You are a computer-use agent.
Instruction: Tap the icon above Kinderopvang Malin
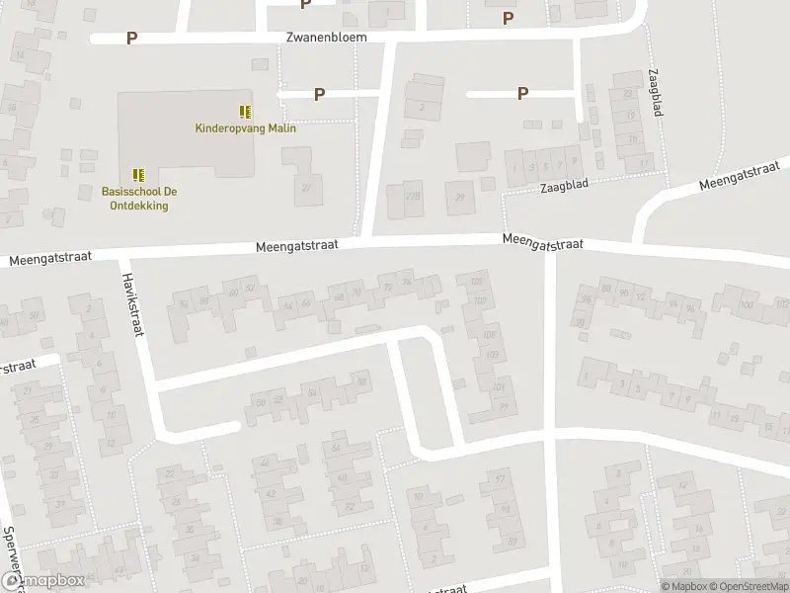[x=245, y=112]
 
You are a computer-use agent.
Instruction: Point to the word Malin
[x=284, y=127]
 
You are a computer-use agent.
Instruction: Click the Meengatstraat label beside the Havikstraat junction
[x=49, y=257]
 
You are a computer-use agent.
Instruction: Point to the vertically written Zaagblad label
[x=655, y=94]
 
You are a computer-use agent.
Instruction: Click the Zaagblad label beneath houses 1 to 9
[x=563, y=187]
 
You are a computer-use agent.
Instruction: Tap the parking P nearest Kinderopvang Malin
[x=319, y=94]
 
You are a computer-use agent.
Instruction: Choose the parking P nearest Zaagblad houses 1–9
[x=522, y=94]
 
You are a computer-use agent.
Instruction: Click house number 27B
[x=413, y=196]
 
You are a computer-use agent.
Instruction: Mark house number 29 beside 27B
[x=459, y=196]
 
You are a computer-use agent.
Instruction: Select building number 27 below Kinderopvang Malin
[x=306, y=188]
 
